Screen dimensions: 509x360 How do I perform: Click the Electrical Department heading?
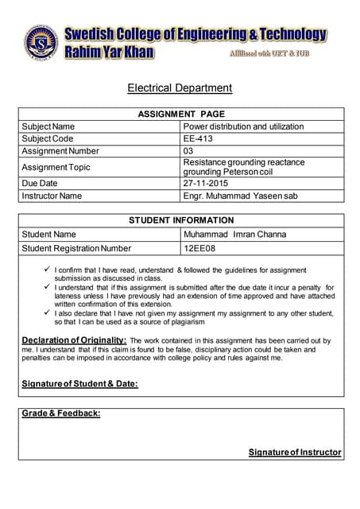pyautogui.click(x=180, y=87)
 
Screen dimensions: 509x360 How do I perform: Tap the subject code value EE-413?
pyautogui.click(x=199, y=138)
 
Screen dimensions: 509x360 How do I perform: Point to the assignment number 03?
pyautogui.click(x=188, y=151)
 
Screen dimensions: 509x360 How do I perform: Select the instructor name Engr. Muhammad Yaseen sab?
pyautogui.click(x=240, y=196)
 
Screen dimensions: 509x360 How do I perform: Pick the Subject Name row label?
pyautogui.click(x=48, y=126)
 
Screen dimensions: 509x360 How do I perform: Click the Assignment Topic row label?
pyautogui.click(x=56, y=167)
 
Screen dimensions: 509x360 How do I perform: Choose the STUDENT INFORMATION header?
pyautogui.click(x=181, y=220)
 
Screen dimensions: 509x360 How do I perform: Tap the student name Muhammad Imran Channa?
pyautogui.click(x=234, y=235)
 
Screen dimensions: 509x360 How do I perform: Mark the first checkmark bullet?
pyautogui.click(x=46, y=270)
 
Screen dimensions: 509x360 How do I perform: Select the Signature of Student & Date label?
pyautogui.click(x=79, y=384)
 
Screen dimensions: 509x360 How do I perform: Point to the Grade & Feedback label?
pyautogui.click(x=61, y=414)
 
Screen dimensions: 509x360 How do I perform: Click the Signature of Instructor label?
pyautogui.click(x=295, y=452)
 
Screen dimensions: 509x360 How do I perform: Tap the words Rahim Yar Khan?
pyautogui.click(x=109, y=52)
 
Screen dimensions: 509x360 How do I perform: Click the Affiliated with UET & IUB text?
pyautogui.click(x=268, y=53)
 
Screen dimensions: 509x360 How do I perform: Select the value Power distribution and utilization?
pyautogui.click(x=243, y=126)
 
